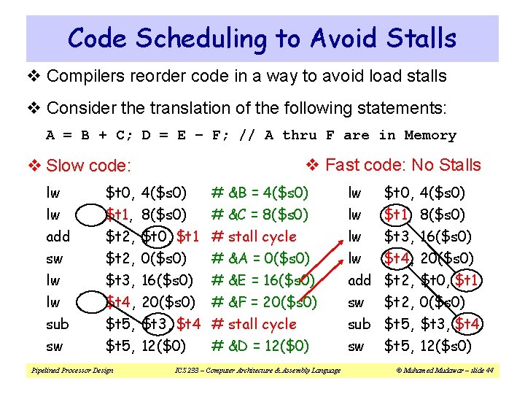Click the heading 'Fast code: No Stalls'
pos(402,165)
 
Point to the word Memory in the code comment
pos(429,135)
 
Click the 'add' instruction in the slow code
pos(57,236)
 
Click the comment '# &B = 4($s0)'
pos(260,193)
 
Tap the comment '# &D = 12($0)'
pos(260,346)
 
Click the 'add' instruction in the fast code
pos(359,280)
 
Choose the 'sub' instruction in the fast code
pos(359,324)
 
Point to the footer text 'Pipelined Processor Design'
pos(71,371)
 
